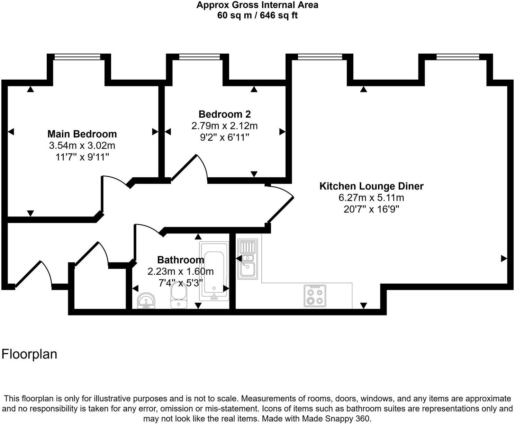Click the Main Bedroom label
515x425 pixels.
pos(82,134)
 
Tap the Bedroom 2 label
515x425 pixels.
pos(225,114)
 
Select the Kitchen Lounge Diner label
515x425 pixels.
pos(371,186)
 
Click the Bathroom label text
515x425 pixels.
pos(180,260)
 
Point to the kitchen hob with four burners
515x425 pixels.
pos(315,296)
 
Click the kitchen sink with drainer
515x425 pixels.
pos(247,260)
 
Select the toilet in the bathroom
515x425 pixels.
pos(179,298)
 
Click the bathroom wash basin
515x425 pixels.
pos(146,301)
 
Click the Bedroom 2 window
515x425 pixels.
pos(199,57)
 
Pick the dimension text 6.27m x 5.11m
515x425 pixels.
pos(371,198)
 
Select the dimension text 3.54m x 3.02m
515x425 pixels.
pos(82,145)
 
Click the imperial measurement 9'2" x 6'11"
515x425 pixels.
pos(225,138)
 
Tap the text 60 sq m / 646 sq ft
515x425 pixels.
pos(257,15)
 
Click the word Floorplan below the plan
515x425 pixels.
pos(29,354)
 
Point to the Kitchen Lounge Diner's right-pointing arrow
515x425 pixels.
pos(504,258)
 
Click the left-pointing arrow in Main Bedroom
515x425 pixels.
pos(11,132)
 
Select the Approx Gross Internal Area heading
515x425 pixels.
pos(257,5)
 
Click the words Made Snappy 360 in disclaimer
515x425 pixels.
pos(336,418)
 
